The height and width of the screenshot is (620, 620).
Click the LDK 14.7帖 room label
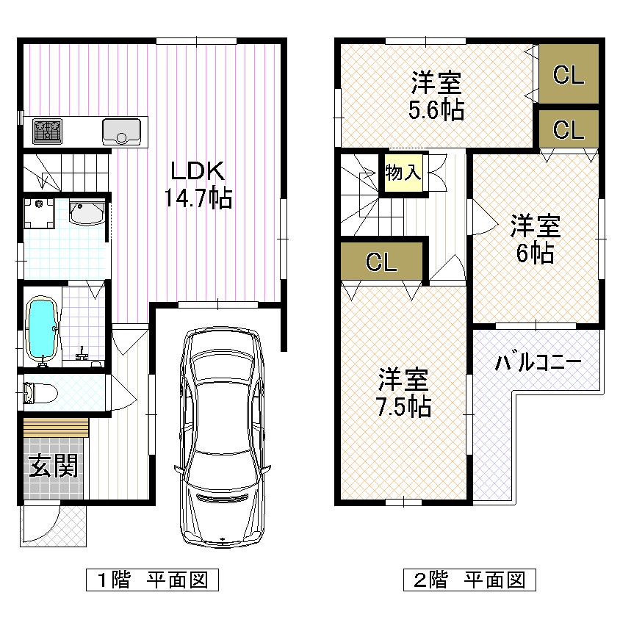[197, 184]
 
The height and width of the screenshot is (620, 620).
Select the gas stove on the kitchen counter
[48, 131]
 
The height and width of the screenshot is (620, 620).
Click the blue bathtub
[41, 330]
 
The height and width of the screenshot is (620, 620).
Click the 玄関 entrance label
[54, 466]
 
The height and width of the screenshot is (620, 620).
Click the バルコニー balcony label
[538, 363]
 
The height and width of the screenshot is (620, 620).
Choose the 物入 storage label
[403, 173]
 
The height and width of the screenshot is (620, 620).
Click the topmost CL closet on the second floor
[569, 75]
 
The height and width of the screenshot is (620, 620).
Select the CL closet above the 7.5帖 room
[382, 262]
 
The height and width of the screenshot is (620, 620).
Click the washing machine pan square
[40, 213]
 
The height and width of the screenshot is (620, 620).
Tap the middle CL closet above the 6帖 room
[569, 130]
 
